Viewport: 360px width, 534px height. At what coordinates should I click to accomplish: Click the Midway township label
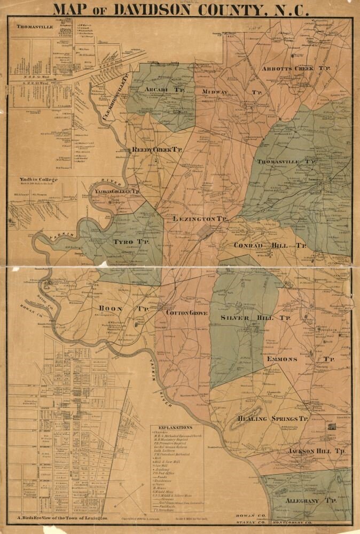(x=215, y=92)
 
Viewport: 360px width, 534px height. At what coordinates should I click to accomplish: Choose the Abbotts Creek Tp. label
(x=297, y=69)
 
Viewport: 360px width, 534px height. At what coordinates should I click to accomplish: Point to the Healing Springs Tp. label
(x=273, y=419)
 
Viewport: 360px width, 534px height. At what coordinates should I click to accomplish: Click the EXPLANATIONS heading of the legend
(x=175, y=428)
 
